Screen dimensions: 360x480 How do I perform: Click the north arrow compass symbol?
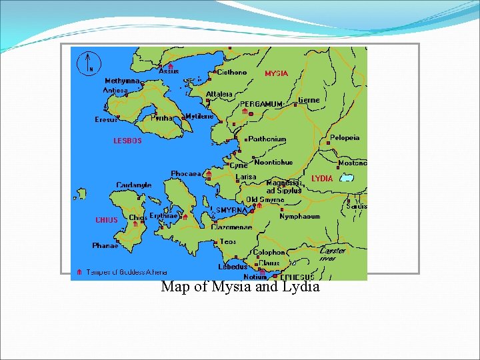click(89, 62)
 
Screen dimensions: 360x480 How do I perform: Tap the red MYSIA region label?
click(276, 73)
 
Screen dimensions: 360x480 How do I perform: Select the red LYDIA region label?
click(322, 179)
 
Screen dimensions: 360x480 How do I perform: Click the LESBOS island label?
click(127, 141)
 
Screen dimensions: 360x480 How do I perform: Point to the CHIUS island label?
click(107, 220)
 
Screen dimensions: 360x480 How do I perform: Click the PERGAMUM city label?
click(261, 104)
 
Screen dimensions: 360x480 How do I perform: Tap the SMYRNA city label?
click(231, 209)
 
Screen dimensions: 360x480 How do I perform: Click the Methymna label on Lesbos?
click(122, 81)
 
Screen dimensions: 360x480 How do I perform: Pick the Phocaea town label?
click(185, 173)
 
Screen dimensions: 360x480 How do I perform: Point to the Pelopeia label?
click(345, 138)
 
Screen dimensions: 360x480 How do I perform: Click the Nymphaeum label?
click(299, 217)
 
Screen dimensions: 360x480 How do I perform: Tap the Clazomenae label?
click(231, 227)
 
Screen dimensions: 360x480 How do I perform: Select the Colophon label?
click(269, 253)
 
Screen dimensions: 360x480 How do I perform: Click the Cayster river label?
click(333, 254)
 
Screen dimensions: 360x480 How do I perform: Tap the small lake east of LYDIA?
click(346, 177)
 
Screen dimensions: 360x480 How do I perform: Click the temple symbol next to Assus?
click(170, 66)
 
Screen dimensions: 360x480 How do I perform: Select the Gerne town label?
click(309, 100)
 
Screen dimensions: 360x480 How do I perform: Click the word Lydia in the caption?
click(301, 287)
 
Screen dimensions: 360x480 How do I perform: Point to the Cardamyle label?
click(133, 185)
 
